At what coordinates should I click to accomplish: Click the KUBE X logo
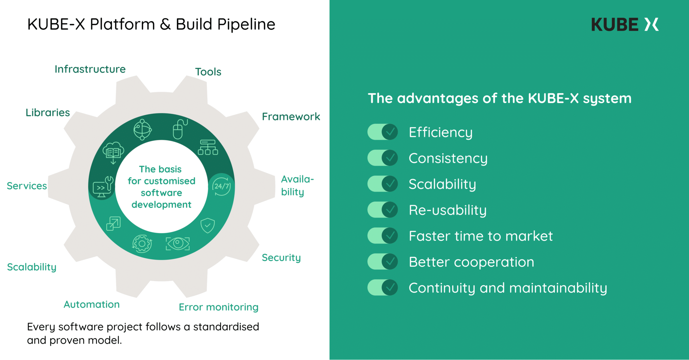click(x=624, y=25)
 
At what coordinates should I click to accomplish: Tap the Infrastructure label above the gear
click(x=90, y=69)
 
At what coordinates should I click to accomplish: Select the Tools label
click(x=208, y=72)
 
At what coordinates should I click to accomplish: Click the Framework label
click(x=291, y=116)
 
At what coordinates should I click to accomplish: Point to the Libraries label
click(x=48, y=112)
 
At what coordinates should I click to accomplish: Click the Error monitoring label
click(x=218, y=307)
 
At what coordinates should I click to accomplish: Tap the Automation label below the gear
click(x=92, y=304)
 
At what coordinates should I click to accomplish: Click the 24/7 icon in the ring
click(x=221, y=186)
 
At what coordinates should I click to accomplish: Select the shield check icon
click(x=208, y=225)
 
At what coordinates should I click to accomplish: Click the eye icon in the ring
click(x=178, y=243)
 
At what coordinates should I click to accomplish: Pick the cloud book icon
click(x=113, y=152)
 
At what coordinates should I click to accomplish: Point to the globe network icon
click(x=142, y=130)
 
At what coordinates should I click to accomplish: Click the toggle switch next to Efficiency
click(x=383, y=132)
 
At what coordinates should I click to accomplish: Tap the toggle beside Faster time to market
click(x=383, y=236)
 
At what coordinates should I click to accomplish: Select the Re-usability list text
click(x=447, y=210)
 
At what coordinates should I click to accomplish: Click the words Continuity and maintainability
click(x=508, y=288)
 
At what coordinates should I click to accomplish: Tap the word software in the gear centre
click(x=161, y=193)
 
